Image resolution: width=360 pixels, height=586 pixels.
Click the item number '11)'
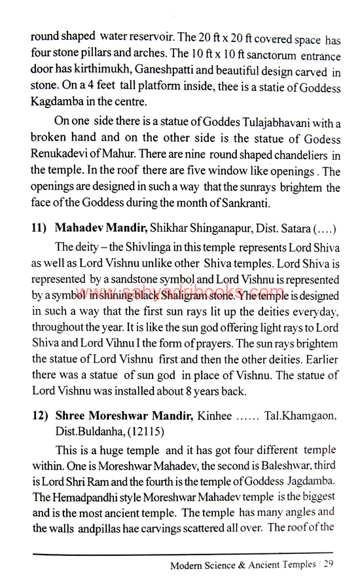[41, 229]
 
